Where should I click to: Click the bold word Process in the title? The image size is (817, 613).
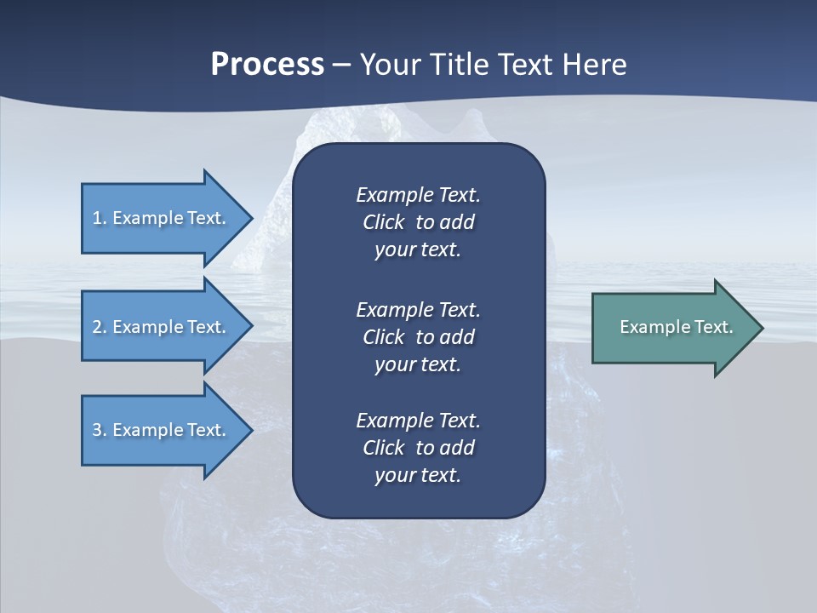pyautogui.click(x=267, y=65)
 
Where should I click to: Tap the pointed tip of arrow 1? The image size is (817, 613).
pyautogui.click(x=249, y=218)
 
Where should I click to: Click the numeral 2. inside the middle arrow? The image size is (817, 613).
pyautogui.click(x=100, y=327)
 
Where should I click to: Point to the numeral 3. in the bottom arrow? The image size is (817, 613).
pyautogui.click(x=100, y=430)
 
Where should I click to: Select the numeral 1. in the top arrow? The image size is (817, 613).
pyautogui.click(x=100, y=218)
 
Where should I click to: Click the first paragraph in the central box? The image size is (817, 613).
pyautogui.click(x=418, y=222)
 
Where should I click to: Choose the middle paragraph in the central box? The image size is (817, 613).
pyautogui.click(x=418, y=336)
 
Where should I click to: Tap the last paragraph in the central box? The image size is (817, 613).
pyautogui.click(x=418, y=448)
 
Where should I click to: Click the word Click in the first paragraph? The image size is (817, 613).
pyautogui.click(x=383, y=222)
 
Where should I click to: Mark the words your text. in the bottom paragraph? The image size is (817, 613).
pyautogui.click(x=418, y=475)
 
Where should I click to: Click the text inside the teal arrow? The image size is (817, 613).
pyautogui.click(x=676, y=327)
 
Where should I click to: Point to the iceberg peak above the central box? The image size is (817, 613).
pyautogui.click(x=340, y=128)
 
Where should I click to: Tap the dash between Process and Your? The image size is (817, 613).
pyautogui.click(x=341, y=65)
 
